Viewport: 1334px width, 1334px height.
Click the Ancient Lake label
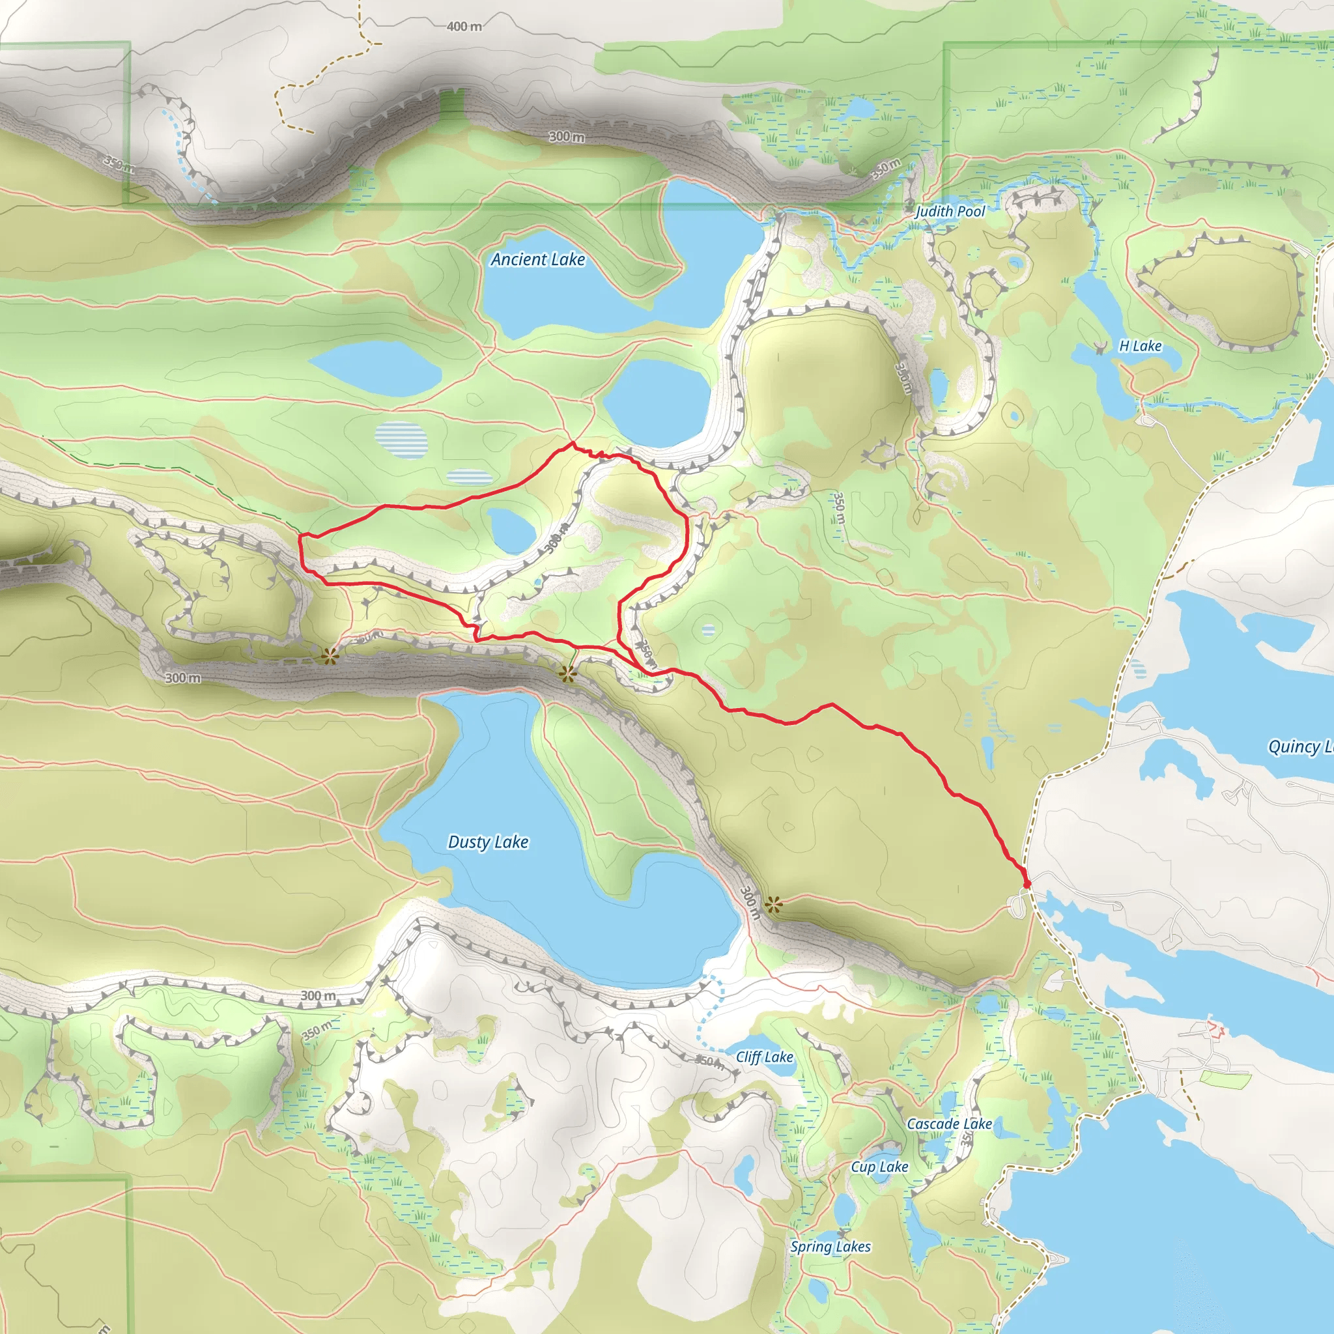pyautogui.click(x=538, y=260)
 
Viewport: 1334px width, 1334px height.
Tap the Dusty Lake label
pyautogui.click(x=488, y=842)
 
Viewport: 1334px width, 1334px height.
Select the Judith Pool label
pyautogui.click(x=950, y=211)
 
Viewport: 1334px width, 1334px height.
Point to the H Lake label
pyautogui.click(x=1140, y=346)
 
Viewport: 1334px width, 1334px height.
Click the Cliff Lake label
pyautogui.click(x=764, y=1057)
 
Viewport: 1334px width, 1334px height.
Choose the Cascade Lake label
pyautogui.click(x=950, y=1124)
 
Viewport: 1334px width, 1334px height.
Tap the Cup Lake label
pyautogui.click(x=879, y=1167)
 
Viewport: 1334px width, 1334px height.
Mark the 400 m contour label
pyautogui.click(x=464, y=26)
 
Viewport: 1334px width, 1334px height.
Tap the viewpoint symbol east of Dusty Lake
pyautogui.click(x=773, y=905)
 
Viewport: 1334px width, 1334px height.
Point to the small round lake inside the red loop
pyautogui.click(x=511, y=530)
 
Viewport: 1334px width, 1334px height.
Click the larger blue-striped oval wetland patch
pyautogui.click(x=401, y=440)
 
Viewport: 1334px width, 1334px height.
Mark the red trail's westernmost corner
pyautogui.click(x=300, y=536)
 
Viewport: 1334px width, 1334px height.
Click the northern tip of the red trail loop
pyautogui.click(x=573, y=444)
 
